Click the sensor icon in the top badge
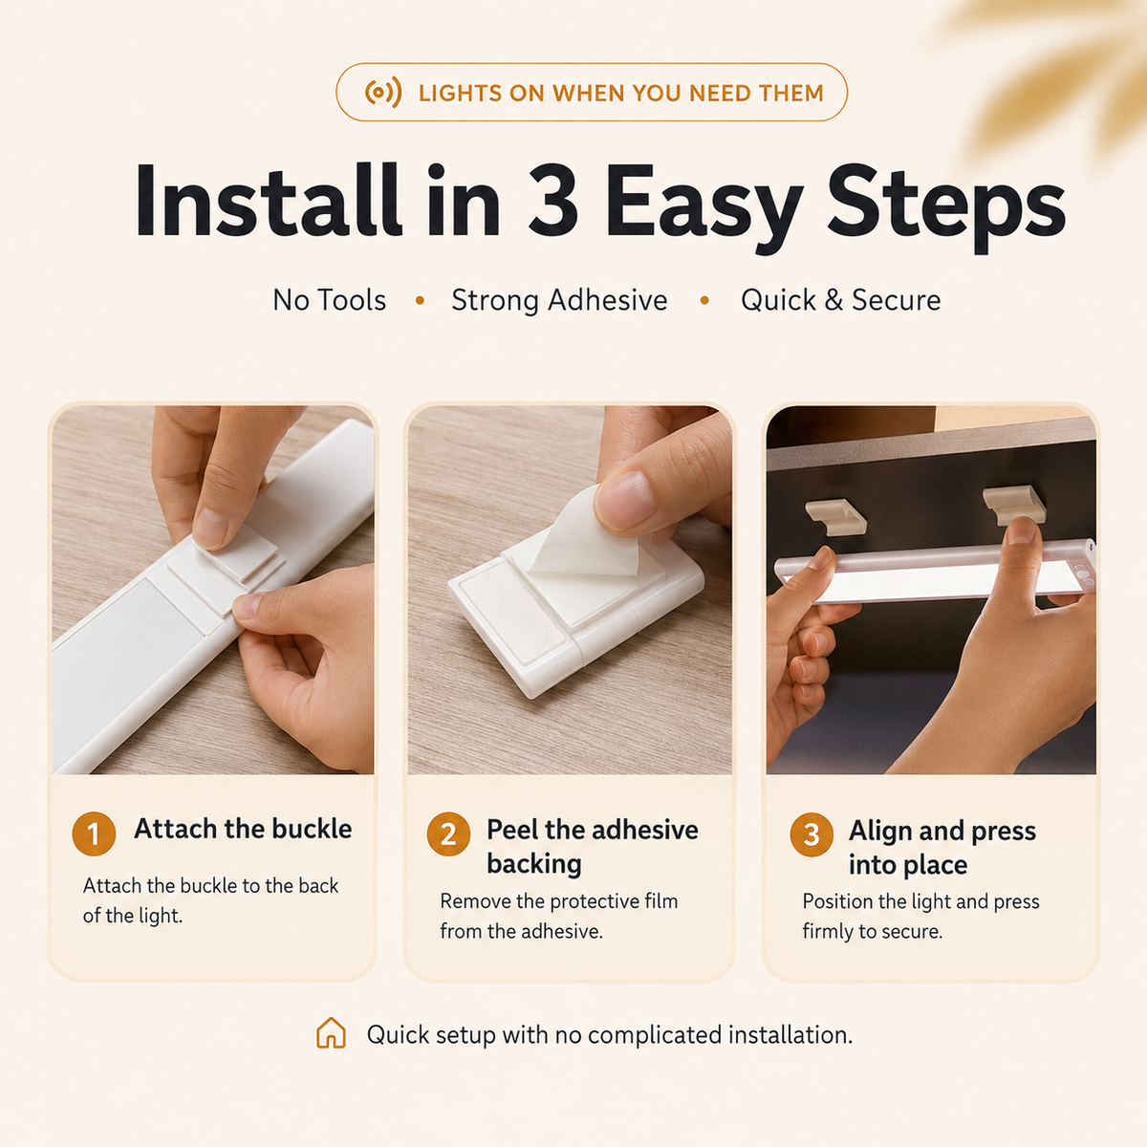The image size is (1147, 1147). click(x=383, y=93)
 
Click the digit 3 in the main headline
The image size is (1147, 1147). click(x=553, y=201)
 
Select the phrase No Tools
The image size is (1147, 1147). click(x=329, y=300)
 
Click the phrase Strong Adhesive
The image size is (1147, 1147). click(x=559, y=300)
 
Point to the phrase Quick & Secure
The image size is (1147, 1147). click(x=840, y=300)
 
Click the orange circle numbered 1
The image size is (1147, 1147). click(x=94, y=833)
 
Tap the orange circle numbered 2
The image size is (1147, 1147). click(x=448, y=833)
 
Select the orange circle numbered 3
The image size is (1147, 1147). click(x=812, y=834)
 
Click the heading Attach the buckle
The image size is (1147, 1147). click(x=243, y=829)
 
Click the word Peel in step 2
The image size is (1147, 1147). click(x=512, y=830)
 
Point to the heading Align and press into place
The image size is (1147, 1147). click(x=942, y=848)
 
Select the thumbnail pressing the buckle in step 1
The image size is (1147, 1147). click(x=209, y=528)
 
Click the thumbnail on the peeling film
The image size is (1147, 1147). click(x=625, y=499)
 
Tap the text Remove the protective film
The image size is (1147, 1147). click(x=559, y=901)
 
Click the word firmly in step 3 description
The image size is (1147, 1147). click(x=828, y=931)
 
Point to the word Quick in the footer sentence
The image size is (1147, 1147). click(x=396, y=1034)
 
